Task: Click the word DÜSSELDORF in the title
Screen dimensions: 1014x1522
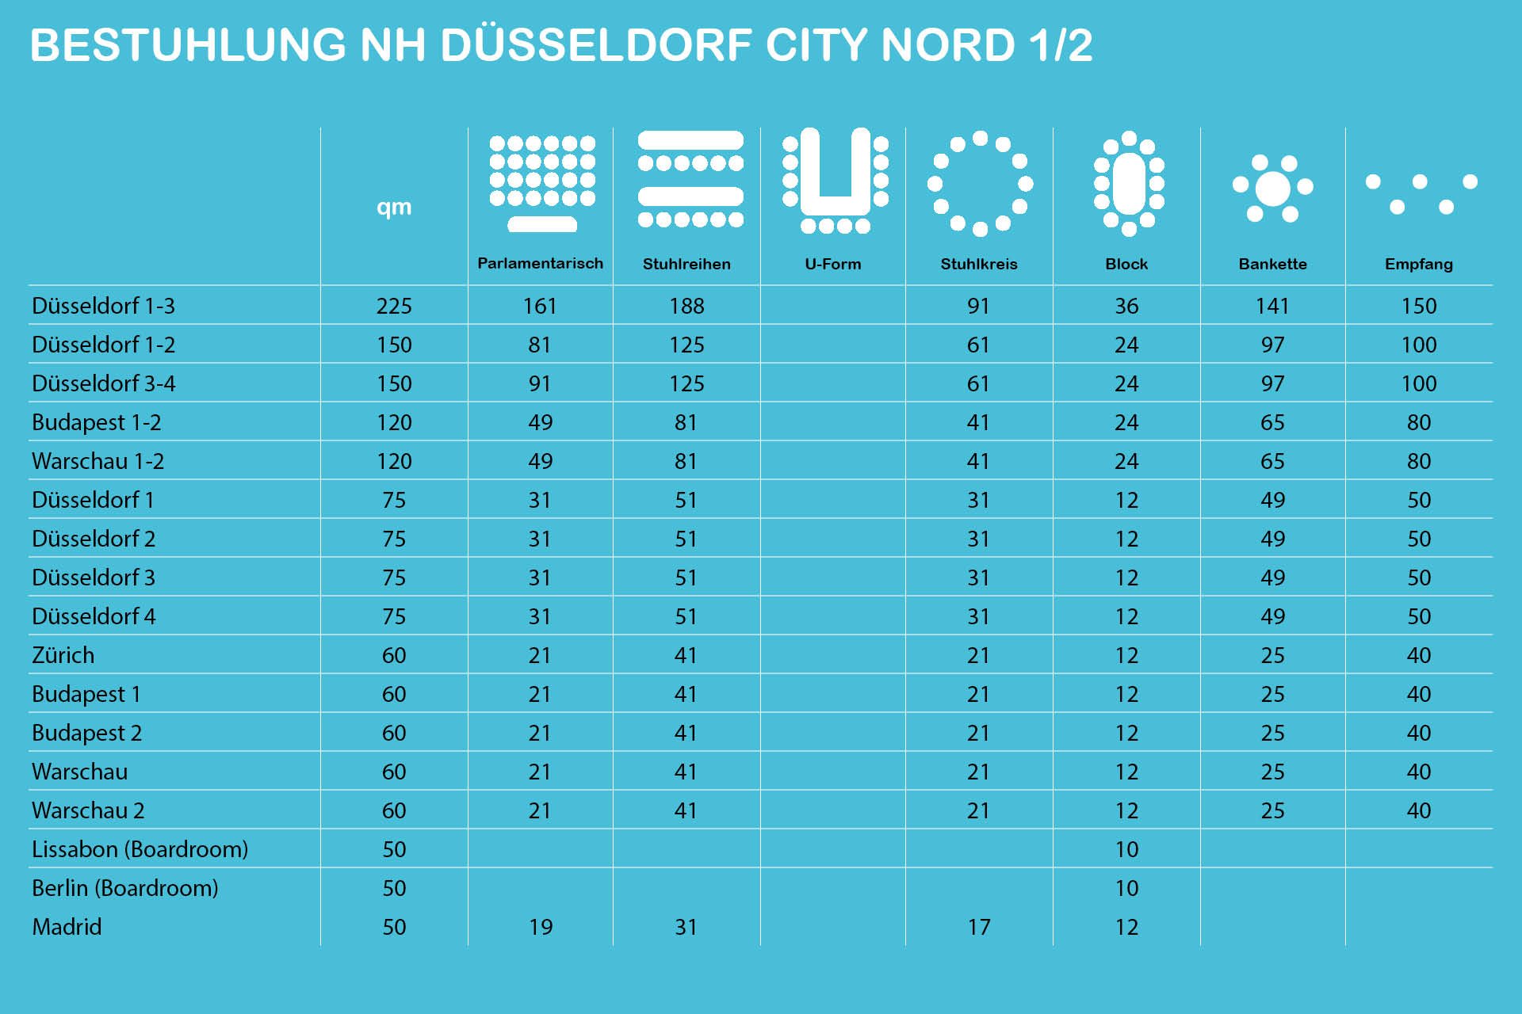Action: (x=595, y=45)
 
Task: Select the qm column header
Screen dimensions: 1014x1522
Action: (x=394, y=207)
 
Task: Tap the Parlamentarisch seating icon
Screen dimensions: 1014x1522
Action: (x=542, y=183)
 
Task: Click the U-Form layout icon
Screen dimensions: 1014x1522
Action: (x=835, y=181)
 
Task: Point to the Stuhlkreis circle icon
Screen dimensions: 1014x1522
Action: (x=980, y=183)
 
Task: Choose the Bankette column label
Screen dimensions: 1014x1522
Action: (x=1272, y=265)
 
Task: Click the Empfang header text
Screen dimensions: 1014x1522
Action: (x=1418, y=265)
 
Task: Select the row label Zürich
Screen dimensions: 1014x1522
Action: (x=63, y=656)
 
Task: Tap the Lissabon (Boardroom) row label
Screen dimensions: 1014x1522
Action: (x=140, y=850)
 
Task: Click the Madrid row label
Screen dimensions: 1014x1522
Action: (x=67, y=927)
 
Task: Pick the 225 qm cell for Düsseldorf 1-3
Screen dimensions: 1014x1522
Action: (x=394, y=307)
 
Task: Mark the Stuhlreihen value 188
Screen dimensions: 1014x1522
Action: (x=686, y=307)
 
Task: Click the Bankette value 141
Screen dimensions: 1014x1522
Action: (x=1272, y=307)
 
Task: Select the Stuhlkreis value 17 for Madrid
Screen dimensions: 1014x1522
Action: (x=979, y=928)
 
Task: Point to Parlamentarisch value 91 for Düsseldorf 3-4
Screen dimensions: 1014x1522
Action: (x=540, y=384)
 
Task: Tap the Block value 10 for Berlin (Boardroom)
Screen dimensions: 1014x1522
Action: (x=1126, y=889)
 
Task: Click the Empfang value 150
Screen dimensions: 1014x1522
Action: (x=1418, y=307)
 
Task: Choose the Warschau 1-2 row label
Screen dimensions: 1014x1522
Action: (x=98, y=462)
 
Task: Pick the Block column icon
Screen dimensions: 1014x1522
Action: (x=1129, y=183)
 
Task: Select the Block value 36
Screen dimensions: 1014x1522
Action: (x=1126, y=307)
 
